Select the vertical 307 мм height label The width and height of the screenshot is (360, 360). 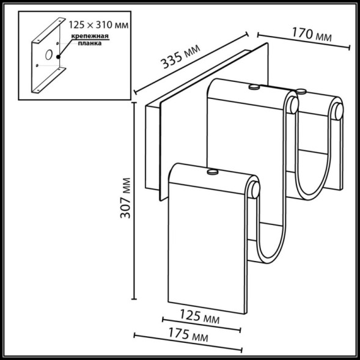pos(126,199)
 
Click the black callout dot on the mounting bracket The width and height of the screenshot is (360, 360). pos(58,56)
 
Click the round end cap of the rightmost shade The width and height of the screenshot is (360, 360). pos(336,111)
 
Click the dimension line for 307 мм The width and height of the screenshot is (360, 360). pos(136,202)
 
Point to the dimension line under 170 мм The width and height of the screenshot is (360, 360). pos(303,41)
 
